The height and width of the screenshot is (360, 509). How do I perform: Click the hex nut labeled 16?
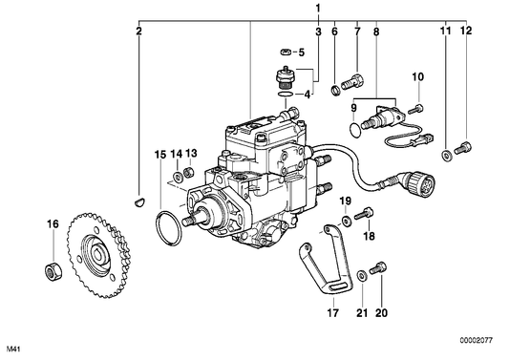tap(53, 272)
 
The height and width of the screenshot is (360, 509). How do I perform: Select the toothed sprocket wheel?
tap(98, 255)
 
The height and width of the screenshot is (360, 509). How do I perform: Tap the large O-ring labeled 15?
tap(168, 228)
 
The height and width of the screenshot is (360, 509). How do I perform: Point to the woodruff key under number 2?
tap(140, 202)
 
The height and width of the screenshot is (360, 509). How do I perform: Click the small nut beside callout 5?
tap(286, 52)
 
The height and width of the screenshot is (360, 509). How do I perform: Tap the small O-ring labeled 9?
tap(355, 130)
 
